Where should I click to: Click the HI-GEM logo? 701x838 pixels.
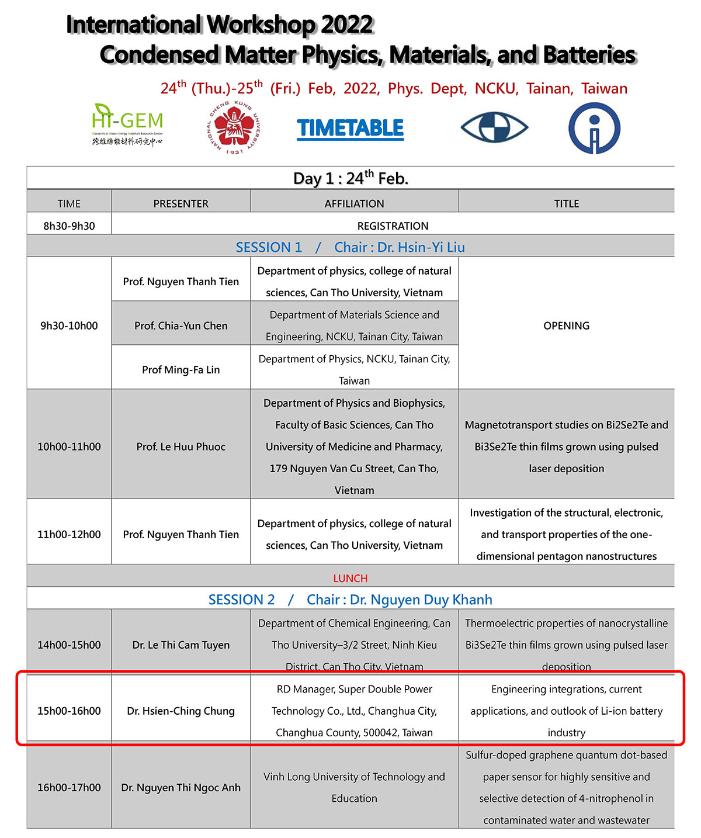pos(127,124)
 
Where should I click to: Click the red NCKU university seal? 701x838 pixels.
pos(234,128)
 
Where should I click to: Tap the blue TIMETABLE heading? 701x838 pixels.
pos(350,129)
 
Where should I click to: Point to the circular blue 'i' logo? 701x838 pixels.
pos(594,129)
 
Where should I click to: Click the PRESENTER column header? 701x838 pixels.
pos(181,203)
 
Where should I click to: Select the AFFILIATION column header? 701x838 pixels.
pos(354,203)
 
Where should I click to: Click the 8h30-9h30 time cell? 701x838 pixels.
pos(69,226)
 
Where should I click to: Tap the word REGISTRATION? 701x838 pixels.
pos(393,226)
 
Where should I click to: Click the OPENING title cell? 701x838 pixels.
pos(566,325)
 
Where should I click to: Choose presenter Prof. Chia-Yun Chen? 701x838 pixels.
pos(181,325)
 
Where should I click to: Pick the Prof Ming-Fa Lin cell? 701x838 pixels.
pos(181,369)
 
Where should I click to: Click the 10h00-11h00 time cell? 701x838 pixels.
pos(69,446)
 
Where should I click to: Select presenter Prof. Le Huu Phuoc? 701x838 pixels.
pos(181,446)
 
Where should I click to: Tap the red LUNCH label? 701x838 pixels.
pos(350,578)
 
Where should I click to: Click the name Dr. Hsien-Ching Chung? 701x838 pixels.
pos(181,711)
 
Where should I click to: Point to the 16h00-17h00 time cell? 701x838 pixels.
pos(69,787)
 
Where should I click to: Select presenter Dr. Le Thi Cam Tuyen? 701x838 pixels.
pos(181,645)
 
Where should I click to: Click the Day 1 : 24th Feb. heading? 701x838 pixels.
pos(350,178)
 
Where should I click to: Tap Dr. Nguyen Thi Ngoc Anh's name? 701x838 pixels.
pos(181,787)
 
